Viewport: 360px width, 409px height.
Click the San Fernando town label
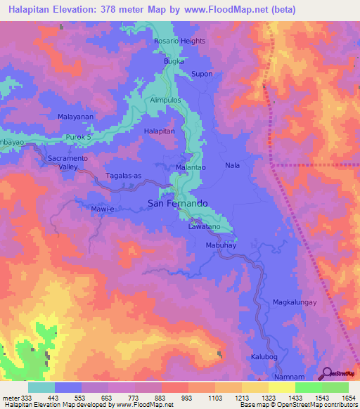tap(177, 203)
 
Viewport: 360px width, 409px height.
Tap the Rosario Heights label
tap(179, 41)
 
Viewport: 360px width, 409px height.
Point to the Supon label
tap(202, 74)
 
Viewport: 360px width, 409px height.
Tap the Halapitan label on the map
tap(159, 131)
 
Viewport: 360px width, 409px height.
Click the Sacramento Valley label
tap(67, 163)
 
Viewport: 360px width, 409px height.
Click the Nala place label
tap(232, 165)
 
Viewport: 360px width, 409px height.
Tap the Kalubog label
tap(264, 357)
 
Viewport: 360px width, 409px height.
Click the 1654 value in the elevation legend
tap(347, 398)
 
